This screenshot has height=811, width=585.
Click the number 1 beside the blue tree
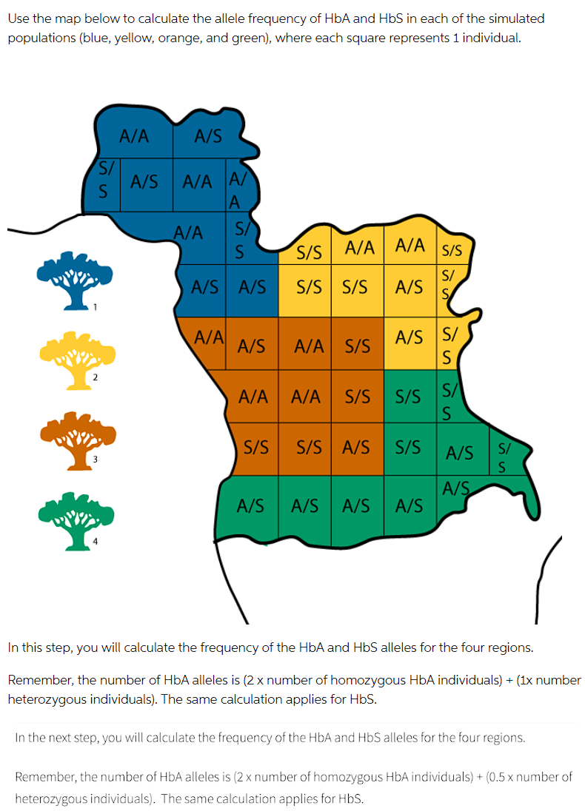click(95, 306)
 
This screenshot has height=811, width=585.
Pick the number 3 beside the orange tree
click(95, 460)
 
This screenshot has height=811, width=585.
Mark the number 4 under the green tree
click(95, 541)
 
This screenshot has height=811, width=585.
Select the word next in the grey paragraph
click(61, 737)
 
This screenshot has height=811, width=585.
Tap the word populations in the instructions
click(37, 38)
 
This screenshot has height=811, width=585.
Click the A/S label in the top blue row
click(207, 136)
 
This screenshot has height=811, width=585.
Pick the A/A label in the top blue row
click(134, 136)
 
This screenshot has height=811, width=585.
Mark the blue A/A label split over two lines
click(235, 190)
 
